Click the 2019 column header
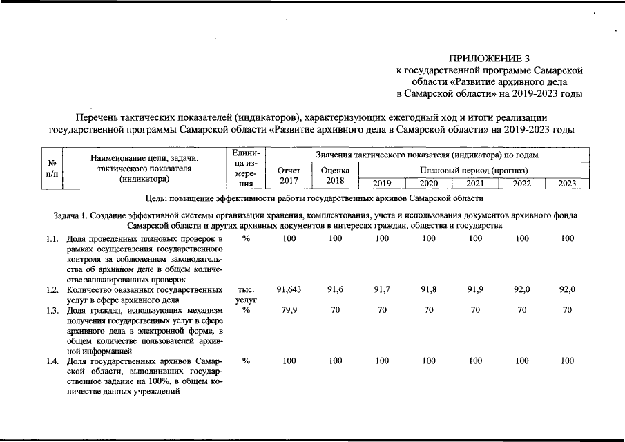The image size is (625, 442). pos(382,184)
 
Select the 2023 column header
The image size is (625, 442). pos(567,184)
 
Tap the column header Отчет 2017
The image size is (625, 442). pos(289,175)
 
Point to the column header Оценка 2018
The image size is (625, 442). pos(336,175)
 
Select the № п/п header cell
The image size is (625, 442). pos(52,169)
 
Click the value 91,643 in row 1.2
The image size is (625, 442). pos(289,289)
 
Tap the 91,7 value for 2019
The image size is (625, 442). pos(382,289)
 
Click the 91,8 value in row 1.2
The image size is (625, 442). pos(429,289)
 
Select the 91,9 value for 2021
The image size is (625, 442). pos(475,289)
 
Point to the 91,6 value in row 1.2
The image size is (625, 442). pos(336,289)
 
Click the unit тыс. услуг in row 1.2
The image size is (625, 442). pos(246,295)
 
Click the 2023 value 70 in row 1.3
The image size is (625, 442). pos(567,310)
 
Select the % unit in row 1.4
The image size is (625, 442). pos(246,361)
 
